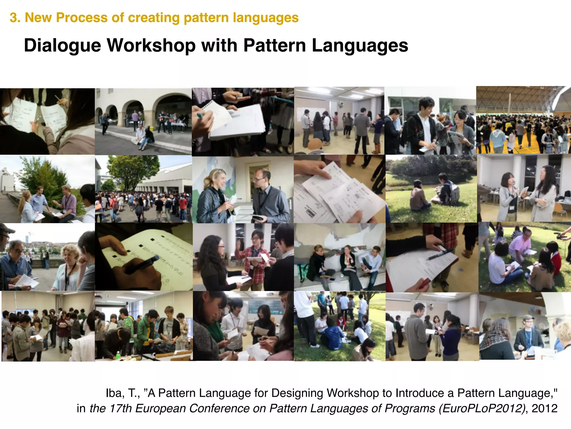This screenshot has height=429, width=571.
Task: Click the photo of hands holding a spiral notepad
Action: click(243, 122)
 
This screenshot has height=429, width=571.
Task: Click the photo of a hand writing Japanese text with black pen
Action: click(144, 257)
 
